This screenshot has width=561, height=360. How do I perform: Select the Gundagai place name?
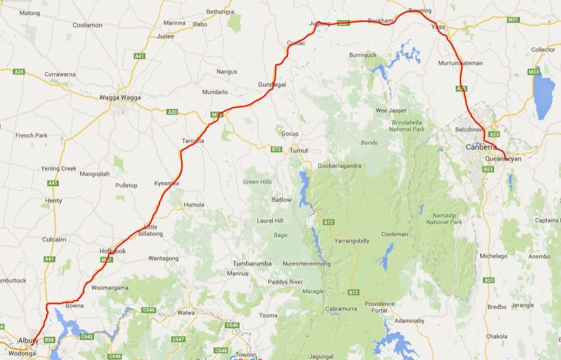point(272,83)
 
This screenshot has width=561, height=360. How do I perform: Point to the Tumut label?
point(299,150)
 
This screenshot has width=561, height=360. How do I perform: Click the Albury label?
point(29,340)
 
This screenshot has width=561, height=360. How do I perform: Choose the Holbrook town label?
point(112,251)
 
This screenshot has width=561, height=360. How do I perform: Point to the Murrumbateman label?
point(460,63)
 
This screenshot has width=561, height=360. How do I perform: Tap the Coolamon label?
point(87,25)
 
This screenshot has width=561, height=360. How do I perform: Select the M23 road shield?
point(533,72)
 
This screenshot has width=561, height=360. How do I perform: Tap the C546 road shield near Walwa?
point(149,310)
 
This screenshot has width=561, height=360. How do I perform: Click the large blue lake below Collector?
point(545,96)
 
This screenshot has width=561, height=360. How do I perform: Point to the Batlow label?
point(281,199)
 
